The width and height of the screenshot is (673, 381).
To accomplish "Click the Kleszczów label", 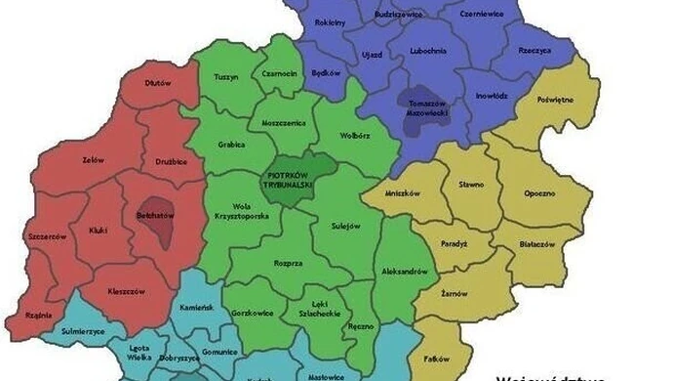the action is pos(126,291).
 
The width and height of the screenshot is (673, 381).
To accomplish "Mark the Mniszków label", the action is pos(402,193).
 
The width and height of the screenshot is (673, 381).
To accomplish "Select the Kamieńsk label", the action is pos(196,307).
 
